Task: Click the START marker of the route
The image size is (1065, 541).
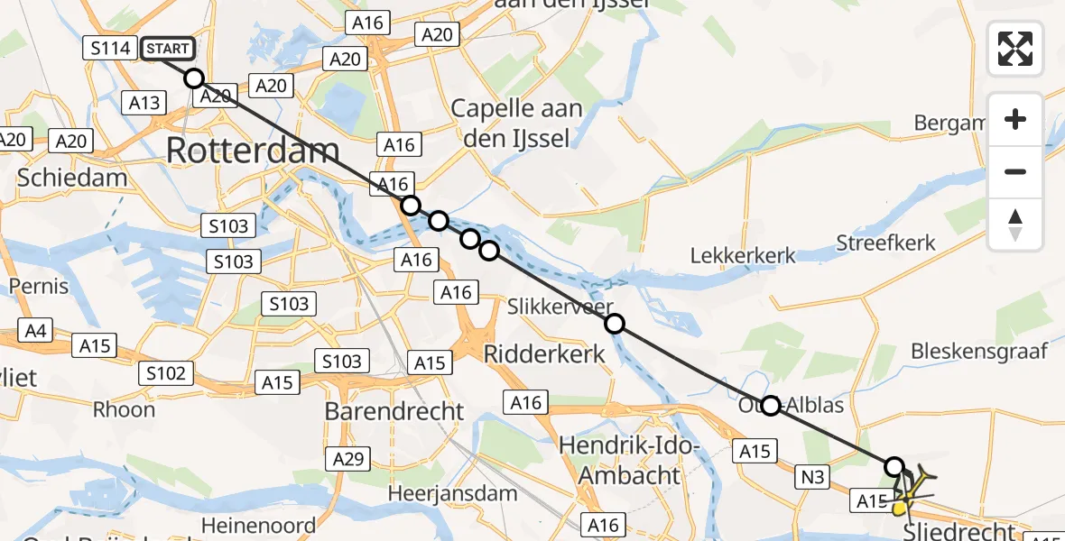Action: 167,49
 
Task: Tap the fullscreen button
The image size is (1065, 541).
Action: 1015,49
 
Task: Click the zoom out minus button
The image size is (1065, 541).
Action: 1015,172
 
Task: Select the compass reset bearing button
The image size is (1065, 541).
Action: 1015,225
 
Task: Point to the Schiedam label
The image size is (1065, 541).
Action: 72,178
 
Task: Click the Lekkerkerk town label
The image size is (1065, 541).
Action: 743,255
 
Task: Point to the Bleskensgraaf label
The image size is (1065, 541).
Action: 978,351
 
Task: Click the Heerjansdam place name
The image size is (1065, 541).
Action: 452,493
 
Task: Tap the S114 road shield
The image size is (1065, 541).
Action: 111,48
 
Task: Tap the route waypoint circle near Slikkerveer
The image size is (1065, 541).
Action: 615,324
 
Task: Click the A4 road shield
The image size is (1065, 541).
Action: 35,331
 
